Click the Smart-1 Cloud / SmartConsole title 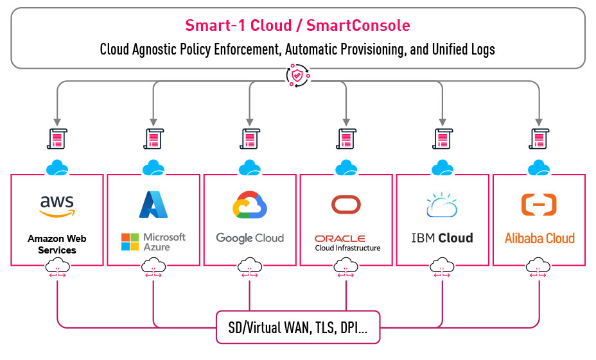[x=297, y=26]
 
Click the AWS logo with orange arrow [x=57, y=206]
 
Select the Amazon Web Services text [x=57, y=244]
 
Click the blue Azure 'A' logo [x=153, y=205]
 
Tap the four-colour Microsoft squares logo [x=130, y=242]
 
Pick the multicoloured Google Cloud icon [x=250, y=206]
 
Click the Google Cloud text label [x=250, y=238]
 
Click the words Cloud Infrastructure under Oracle [x=347, y=248]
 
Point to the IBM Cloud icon [x=442, y=206]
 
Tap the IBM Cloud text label [x=442, y=238]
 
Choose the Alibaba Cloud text [x=539, y=238]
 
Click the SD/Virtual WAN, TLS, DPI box [x=297, y=328]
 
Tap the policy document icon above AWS [x=57, y=139]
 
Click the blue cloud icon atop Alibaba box [x=538, y=168]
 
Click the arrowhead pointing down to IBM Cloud [x=442, y=121]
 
